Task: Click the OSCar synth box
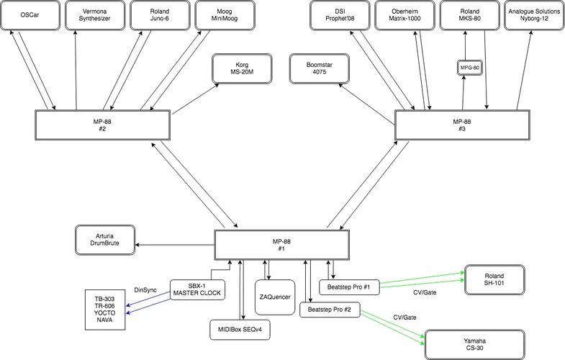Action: [x=30, y=15]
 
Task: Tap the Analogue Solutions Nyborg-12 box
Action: [x=533, y=15]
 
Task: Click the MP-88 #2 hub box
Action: [x=101, y=125]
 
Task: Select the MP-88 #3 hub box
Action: [x=461, y=125]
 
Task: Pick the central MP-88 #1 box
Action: [x=282, y=245]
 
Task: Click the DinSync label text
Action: [x=145, y=289]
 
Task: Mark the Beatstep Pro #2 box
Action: [x=329, y=309]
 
